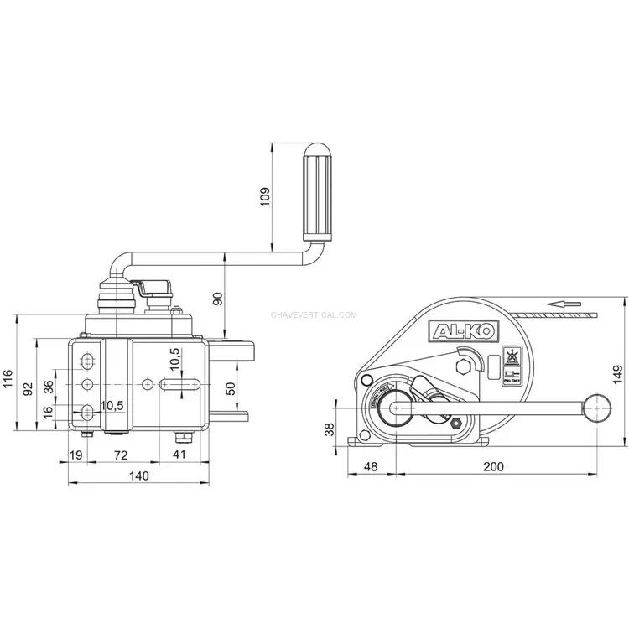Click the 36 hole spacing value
coord(48,387)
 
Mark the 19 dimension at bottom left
coord(75,455)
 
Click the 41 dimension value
coord(179,455)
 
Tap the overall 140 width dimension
coord(139,476)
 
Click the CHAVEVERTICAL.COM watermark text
coord(314,316)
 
